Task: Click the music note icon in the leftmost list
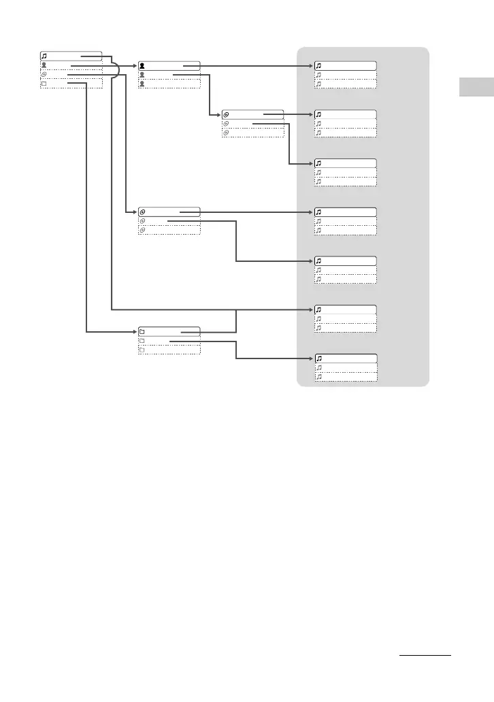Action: [x=45, y=56]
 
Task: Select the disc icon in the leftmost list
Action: [x=45, y=75]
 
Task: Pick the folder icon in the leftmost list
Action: [x=45, y=84]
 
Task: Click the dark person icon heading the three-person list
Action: [x=142, y=66]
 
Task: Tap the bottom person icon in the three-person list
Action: [x=142, y=84]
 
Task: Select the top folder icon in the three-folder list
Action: [x=142, y=332]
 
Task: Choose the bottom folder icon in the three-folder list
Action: [x=142, y=350]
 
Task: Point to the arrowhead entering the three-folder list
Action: [x=134, y=332]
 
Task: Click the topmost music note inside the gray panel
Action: [x=318, y=66]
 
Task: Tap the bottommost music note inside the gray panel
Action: [x=318, y=376]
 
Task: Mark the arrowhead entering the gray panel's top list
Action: [x=310, y=66]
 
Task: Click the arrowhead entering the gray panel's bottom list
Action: [x=310, y=358]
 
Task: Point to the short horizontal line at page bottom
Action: [x=425, y=657]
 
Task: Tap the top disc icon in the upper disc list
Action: [x=227, y=115]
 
